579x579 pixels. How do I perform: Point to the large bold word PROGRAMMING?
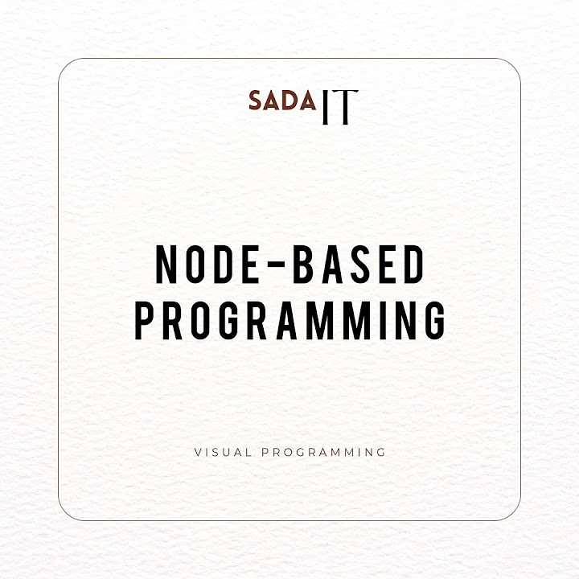(289, 319)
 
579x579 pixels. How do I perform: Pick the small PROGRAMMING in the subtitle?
(324, 452)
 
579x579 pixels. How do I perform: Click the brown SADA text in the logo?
(282, 101)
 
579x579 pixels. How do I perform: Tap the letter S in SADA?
(256, 101)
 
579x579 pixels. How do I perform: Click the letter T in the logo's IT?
(343, 107)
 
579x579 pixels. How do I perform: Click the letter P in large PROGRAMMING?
(144, 319)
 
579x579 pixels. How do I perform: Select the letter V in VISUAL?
(198, 452)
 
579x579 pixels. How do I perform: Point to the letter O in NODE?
(199, 265)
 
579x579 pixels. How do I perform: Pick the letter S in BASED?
(359, 265)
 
